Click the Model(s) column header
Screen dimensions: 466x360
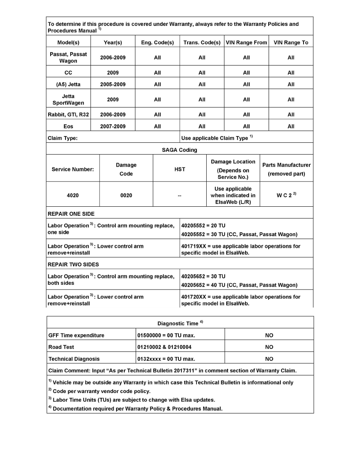(68, 42)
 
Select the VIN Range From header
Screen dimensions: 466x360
(246, 42)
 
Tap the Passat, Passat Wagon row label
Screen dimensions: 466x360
(68, 57)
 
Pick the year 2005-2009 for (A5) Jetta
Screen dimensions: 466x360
(113, 84)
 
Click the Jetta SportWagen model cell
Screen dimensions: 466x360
(68, 100)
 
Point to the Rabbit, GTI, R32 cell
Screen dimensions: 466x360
(68, 115)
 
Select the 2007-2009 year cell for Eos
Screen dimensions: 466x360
(113, 126)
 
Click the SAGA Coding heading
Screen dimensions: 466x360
(180, 150)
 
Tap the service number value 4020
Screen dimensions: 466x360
(73, 195)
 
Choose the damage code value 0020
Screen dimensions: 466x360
(126, 195)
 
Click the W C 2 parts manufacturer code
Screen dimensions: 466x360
(285, 195)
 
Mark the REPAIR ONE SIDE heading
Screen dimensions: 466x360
(71, 214)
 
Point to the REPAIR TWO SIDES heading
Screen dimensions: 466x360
(73, 264)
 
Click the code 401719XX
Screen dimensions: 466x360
(194, 246)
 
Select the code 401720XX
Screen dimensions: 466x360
(194, 297)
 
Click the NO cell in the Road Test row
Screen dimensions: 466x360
(269, 347)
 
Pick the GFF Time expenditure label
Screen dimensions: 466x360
(76, 335)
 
